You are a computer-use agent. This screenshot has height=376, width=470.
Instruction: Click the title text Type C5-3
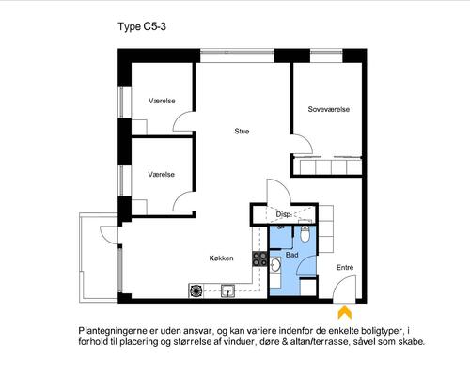[x=142, y=27]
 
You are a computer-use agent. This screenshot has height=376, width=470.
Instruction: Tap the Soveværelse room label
[x=329, y=109]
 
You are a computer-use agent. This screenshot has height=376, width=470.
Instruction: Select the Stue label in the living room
[x=242, y=132]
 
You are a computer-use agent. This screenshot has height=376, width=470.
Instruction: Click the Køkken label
[x=222, y=258]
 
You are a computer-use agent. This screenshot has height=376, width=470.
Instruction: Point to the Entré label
[x=345, y=267]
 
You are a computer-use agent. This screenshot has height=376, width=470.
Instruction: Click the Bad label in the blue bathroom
[x=291, y=255]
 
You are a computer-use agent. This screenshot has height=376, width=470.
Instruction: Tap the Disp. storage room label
[x=284, y=215]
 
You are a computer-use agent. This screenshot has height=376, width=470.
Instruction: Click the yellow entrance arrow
[x=345, y=312]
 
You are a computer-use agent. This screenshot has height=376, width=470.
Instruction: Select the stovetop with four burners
[x=260, y=258]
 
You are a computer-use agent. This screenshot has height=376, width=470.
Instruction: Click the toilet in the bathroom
[x=305, y=232]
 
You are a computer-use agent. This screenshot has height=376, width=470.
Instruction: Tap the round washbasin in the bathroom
[x=275, y=265]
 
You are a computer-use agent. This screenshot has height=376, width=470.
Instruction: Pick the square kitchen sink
[x=227, y=290]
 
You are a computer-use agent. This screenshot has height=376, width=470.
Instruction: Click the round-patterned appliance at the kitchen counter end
[x=196, y=290]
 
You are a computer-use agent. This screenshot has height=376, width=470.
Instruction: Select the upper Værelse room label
[x=162, y=101]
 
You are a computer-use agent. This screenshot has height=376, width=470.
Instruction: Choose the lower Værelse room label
[x=162, y=175]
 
